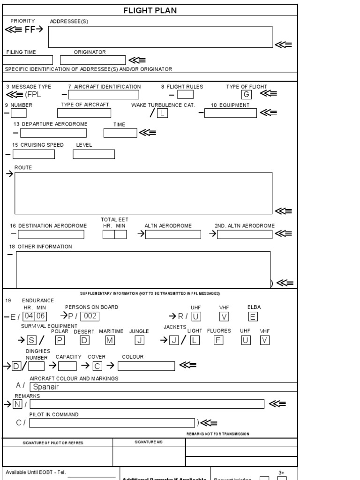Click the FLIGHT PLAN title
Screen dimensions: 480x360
click(150, 10)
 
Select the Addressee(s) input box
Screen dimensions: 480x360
click(160, 37)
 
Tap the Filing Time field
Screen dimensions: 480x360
click(28, 60)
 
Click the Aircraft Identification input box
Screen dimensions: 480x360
click(106, 95)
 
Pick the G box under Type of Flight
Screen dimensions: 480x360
click(246, 94)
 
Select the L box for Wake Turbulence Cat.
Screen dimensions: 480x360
click(162, 113)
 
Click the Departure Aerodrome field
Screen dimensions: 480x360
click(53, 133)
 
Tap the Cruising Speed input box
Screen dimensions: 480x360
click(34, 154)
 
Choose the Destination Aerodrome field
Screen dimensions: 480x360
click(51, 234)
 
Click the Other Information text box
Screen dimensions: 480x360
click(143, 270)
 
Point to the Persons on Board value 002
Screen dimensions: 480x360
click(90, 316)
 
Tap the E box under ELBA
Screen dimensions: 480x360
click(253, 316)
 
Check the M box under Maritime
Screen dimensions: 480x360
click(110, 341)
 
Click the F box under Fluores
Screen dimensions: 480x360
click(218, 341)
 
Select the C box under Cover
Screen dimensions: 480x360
click(97, 366)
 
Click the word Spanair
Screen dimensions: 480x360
click(45, 387)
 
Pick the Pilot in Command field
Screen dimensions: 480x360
click(112, 423)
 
